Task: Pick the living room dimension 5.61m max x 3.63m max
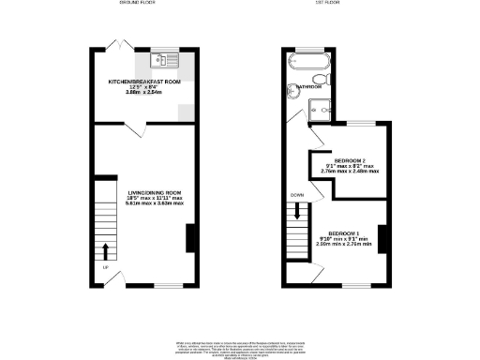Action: click(156, 203)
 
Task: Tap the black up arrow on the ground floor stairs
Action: click(105, 250)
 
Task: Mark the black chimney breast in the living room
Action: click(191, 238)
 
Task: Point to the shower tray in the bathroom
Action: click(322, 108)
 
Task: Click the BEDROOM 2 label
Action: click(349, 159)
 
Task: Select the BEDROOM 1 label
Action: click(346, 232)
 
